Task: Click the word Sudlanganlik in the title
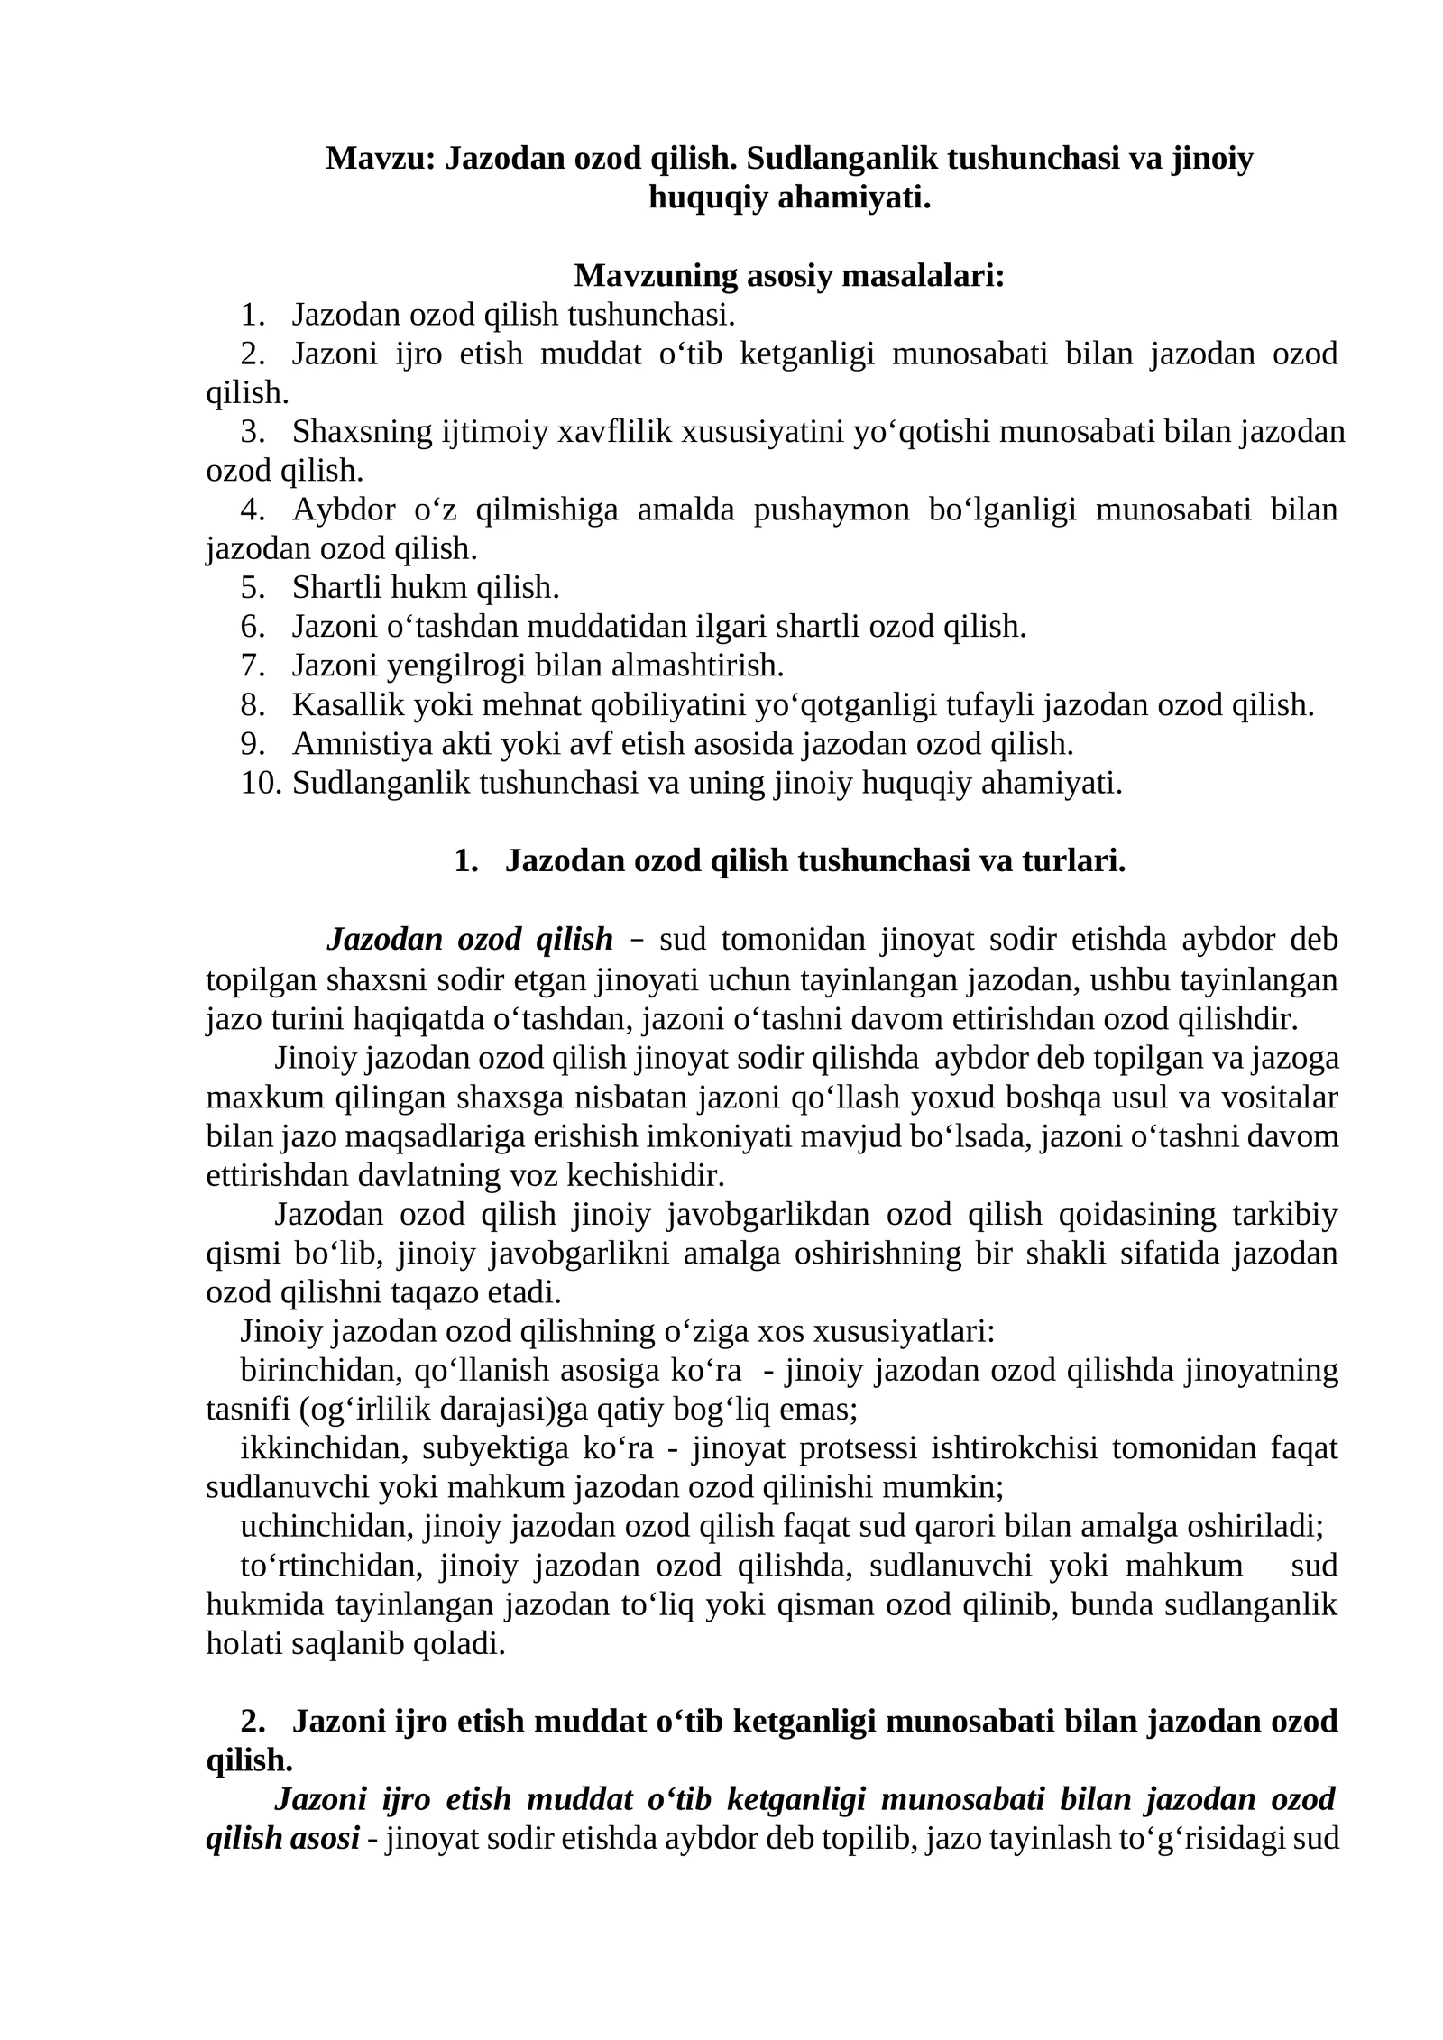[x=841, y=159]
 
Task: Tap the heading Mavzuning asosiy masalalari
[x=788, y=276]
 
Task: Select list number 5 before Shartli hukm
[x=253, y=588]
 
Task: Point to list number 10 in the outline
[x=261, y=783]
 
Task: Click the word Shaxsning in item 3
[x=363, y=432]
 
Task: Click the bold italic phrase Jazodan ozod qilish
[x=469, y=940]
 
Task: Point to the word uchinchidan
[x=326, y=1526]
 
